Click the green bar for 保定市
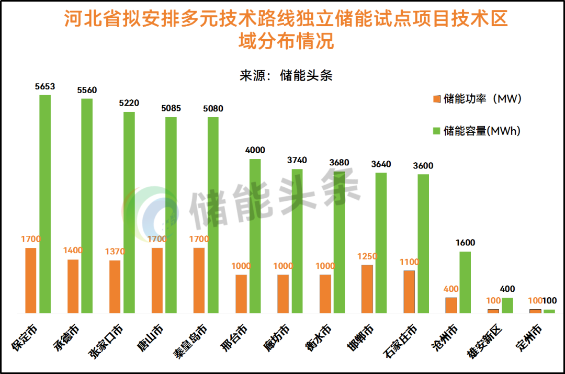pos(45,204)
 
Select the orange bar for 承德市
pos(73,286)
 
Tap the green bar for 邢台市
pos(255,236)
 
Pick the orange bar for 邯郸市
pos(367,289)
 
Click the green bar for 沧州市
pos(465,282)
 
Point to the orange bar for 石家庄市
pos(409,292)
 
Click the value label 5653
pos(45,86)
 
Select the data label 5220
pos(129,103)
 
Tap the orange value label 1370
pos(115,252)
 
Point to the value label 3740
pos(297,160)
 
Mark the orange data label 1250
pos(367,256)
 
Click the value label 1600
pos(465,243)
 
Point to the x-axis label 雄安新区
pos(485,341)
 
